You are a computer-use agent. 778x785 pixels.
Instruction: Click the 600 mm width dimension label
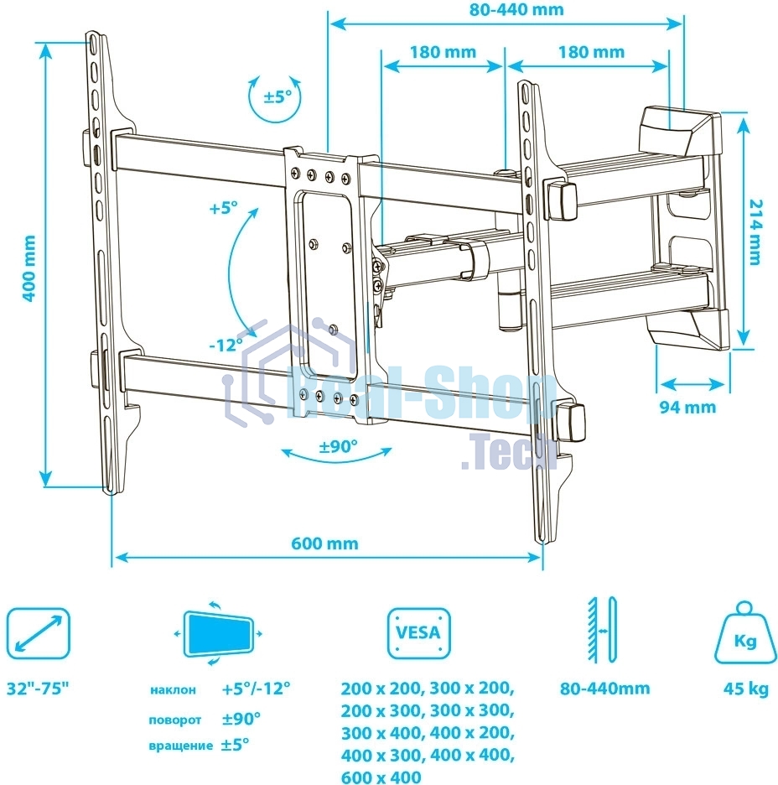324,543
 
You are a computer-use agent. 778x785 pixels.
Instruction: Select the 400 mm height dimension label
29,268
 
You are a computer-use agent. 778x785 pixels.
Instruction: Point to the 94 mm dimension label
688,407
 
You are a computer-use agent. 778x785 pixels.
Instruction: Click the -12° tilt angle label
226,343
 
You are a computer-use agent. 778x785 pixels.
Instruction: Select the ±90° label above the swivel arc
338,446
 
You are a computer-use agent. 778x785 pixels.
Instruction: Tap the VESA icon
418,633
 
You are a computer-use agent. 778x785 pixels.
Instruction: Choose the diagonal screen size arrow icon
38,632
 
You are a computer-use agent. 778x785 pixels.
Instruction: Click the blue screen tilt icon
217,633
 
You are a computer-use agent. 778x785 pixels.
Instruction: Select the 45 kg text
746,689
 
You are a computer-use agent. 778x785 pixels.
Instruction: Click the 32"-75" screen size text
39,689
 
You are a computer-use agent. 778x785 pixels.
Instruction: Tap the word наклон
174,690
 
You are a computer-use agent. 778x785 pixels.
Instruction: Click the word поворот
175,719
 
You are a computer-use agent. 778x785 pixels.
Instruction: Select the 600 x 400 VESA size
381,777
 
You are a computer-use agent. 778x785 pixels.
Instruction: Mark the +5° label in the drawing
224,207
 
